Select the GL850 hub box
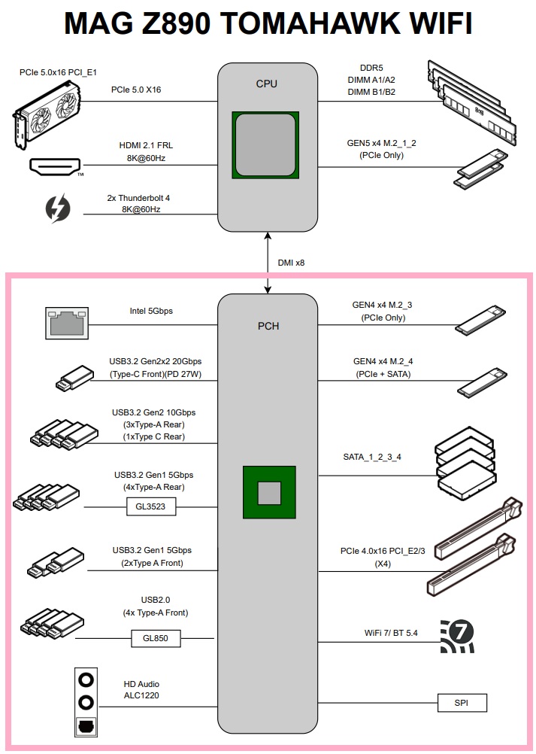(x=156, y=639)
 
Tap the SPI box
(x=462, y=703)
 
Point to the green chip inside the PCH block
(x=268, y=492)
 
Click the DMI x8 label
(x=291, y=263)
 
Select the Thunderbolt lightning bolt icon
(x=58, y=208)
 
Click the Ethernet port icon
(x=66, y=324)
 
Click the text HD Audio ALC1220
(x=141, y=690)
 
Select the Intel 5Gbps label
(x=151, y=309)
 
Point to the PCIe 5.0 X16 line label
(x=136, y=90)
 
